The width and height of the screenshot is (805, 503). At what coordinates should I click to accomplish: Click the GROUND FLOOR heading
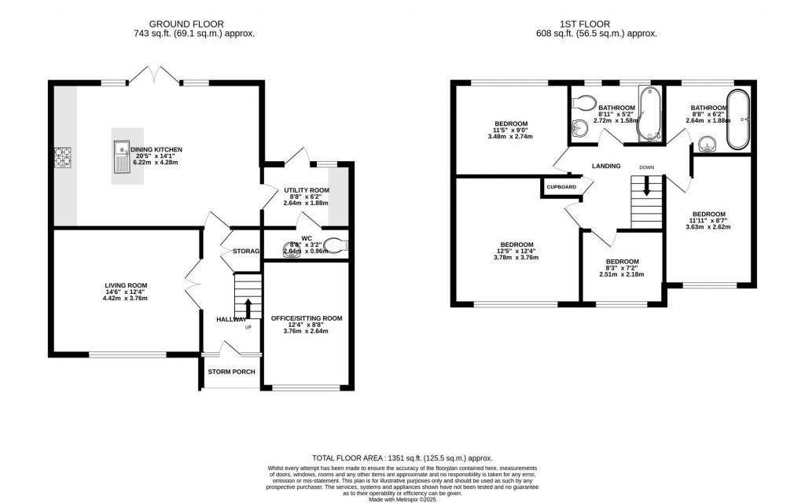pos(194,24)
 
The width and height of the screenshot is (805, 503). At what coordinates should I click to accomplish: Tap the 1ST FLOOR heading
pos(605,24)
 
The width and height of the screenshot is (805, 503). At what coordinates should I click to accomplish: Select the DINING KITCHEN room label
pos(156,149)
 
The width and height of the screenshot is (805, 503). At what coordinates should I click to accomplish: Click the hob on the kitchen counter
pos(63,157)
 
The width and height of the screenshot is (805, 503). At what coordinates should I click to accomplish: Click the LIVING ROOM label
pos(127,285)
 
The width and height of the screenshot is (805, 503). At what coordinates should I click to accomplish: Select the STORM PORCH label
pos(232,372)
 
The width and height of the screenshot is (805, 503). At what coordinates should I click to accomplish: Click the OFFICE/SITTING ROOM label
pos(307,318)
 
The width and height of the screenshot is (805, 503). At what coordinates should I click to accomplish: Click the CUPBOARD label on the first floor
pos(561,187)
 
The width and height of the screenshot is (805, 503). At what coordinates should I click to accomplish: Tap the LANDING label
pos(606,166)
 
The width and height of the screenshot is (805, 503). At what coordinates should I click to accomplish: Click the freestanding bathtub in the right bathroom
pos(738,119)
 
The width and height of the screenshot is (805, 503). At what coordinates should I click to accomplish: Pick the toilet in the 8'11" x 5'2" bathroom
pos(584,102)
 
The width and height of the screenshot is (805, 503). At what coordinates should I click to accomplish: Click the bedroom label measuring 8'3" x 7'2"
pos(622,262)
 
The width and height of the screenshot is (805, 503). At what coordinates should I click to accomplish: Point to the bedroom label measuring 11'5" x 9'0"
pos(511,124)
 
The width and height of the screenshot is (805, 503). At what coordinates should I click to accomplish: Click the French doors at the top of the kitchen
pos(157,76)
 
